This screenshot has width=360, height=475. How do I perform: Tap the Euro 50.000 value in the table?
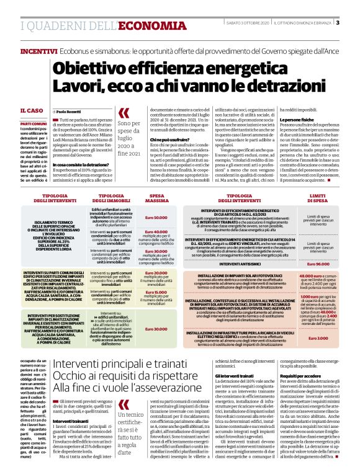(x=156, y=218)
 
